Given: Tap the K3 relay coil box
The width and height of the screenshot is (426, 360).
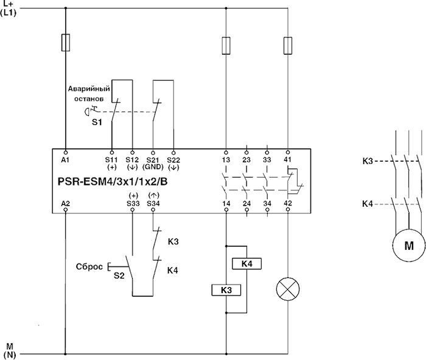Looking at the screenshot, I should [x=226, y=290].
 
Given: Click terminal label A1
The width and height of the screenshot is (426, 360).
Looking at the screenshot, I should [x=65, y=159].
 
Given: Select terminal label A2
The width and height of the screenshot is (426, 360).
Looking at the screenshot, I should [x=65, y=203].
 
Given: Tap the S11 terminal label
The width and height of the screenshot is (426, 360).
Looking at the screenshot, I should [x=112, y=159].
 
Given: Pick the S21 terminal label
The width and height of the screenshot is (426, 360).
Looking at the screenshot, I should [x=153, y=159].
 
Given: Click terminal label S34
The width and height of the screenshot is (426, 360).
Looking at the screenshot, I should [x=153, y=203].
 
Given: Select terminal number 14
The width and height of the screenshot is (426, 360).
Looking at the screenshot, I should [x=226, y=203].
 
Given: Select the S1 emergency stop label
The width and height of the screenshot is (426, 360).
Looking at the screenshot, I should [x=97, y=122].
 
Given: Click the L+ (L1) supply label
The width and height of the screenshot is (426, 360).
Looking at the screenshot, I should [x=9, y=8].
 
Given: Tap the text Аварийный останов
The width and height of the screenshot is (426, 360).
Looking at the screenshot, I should [x=89, y=93].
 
